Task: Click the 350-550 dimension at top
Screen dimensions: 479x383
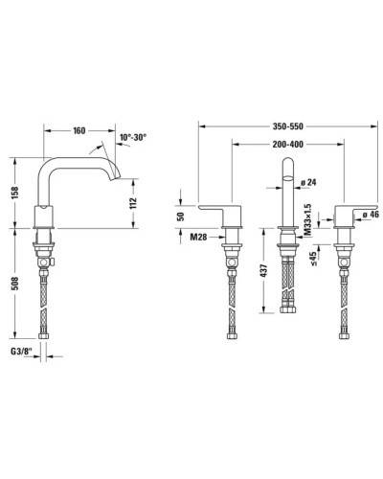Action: pyautogui.click(x=282, y=125)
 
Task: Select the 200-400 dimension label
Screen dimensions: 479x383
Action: pyautogui.click(x=283, y=144)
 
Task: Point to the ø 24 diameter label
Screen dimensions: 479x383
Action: pyautogui.click(x=307, y=182)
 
